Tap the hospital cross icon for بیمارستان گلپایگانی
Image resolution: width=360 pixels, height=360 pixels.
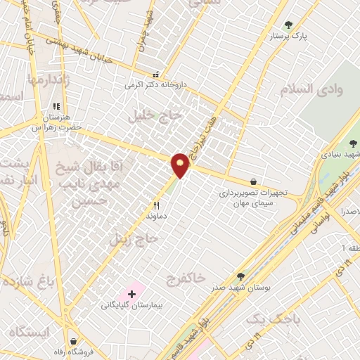tap(131, 292)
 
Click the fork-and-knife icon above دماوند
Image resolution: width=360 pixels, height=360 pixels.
tap(157, 206)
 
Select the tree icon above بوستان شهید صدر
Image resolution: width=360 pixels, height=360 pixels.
tap(240, 276)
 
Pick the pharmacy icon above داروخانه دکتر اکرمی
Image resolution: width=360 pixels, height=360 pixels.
tap(156, 75)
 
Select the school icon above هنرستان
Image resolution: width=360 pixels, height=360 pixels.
tap(54, 107)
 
